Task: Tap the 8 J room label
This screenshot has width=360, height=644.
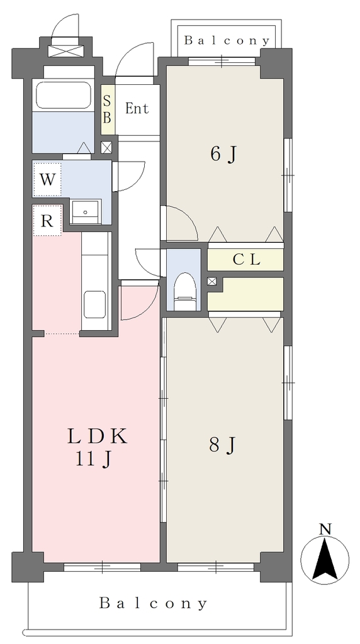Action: click(x=222, y=445)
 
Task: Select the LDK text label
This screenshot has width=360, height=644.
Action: click(x=98, y=436)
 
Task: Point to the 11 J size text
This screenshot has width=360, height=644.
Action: click(x=93, y=458)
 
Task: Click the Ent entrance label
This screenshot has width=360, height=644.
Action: click(x=137, y=109)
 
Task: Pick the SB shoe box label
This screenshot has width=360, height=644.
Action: click(x=107, y=109)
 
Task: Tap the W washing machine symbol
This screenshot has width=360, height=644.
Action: click(x=47, y=179)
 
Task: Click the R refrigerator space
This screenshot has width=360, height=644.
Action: click(x=47, y=221)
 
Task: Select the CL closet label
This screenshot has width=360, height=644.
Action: click(x=246, y=260)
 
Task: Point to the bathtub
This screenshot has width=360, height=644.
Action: click(x=64, y=95)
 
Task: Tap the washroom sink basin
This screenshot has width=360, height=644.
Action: click(x=86, y=211)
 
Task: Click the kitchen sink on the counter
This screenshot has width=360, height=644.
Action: click(x=95, y=304)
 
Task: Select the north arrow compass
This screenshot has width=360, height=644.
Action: click(x=325, y=558)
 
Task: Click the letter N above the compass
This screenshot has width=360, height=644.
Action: click(x=325, y=529)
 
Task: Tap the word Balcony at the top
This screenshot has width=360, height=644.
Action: click(x=227, y=40)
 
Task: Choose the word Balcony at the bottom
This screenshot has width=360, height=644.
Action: click(x=154, y=603)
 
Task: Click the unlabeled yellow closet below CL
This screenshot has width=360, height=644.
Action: click(x=245, y=294)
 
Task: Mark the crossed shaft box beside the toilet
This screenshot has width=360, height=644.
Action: click(x=212, y=281)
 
